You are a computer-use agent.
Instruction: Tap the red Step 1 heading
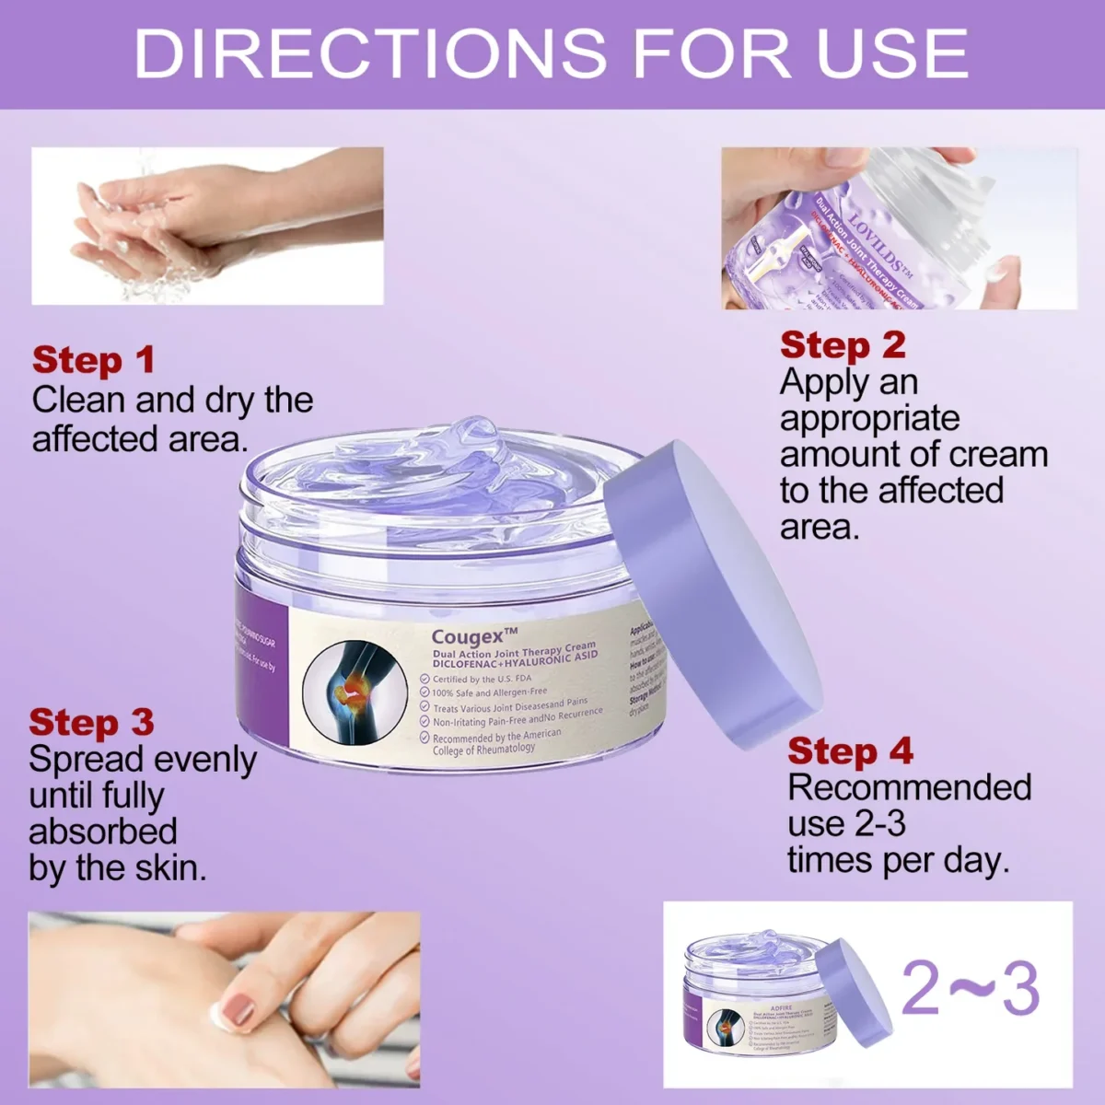(93, 360)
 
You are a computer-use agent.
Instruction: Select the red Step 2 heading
(843, 345)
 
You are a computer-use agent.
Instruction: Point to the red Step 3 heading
(90, 723)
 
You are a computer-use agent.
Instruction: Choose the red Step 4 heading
(849, 751)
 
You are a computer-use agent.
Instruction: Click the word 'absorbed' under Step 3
(102, 832)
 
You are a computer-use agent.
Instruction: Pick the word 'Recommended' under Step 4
(909, 788)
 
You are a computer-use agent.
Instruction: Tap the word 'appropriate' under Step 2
(869, 419)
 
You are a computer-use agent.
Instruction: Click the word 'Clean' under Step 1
(79, 401)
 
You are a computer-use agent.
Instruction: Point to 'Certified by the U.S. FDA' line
(482, 679)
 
